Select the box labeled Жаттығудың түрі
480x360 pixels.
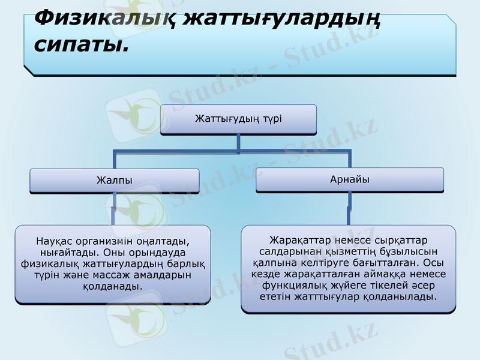[x=238, y=119]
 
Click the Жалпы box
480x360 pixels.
[x=115, y=181]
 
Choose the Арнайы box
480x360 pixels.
[x=349, y=179]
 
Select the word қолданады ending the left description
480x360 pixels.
[x=113, y=286]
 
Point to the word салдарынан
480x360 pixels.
[x=292, y=251]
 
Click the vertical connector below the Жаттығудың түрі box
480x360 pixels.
[x=238, y=142]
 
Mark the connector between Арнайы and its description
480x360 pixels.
[x=349, y=209]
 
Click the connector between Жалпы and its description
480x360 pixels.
[x=114, y=210]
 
